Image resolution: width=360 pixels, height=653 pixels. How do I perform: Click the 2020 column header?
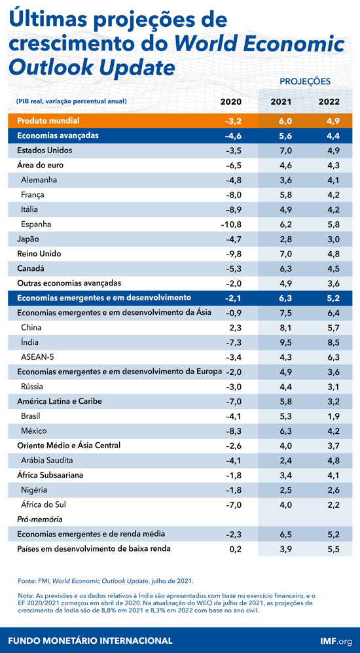pyautogui.click(x=230, y=101)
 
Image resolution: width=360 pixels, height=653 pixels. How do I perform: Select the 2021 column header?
pyautogui.click(x=281, y=101)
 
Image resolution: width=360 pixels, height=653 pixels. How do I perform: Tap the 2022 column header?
pyautogui.click(x=329, y=101)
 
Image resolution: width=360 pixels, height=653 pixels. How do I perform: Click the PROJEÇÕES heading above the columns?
pyautogui.click(x=305, y=82)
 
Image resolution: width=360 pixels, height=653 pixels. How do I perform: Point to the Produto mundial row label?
pyautogui.click(x=48, y=121)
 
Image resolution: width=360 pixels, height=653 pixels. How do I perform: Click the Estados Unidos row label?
pyautogui.click(x=45, y=150)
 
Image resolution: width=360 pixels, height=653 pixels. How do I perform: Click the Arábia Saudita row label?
pyautogui.click(x=49, y=460)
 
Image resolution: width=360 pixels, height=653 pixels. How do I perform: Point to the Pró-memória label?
pyautogui.click(x=39, y=519)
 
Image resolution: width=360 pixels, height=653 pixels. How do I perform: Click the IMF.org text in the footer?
pyautogui.click(x=336, y=641)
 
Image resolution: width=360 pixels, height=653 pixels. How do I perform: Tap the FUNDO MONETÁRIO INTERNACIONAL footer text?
pyautogui.click(x=90, y=641)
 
